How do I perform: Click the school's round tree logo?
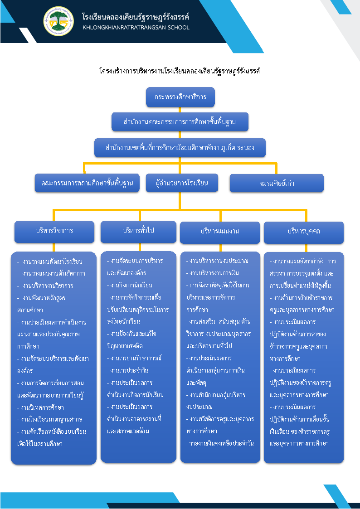point(58,21)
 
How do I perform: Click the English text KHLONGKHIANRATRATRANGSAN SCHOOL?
point(136,28)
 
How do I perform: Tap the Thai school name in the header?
point(136,17)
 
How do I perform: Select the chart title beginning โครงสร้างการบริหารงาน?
point(180,70)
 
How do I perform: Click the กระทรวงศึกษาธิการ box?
point(180,97)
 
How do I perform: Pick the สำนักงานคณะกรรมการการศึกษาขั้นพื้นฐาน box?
point(180,122)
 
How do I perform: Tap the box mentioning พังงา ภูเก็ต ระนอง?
point(180,148)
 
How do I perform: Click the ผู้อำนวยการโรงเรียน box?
point(182,183)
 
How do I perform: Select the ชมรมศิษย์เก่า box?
point(277,184)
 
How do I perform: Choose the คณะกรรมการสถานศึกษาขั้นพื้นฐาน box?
point(87,183)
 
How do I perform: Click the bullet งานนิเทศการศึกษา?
point(40,408)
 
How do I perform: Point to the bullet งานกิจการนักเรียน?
point(130,286)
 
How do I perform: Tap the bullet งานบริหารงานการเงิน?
point(213,273)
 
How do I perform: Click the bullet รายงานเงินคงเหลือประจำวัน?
point(220,443)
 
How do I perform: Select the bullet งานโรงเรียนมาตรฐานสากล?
point(50,419)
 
